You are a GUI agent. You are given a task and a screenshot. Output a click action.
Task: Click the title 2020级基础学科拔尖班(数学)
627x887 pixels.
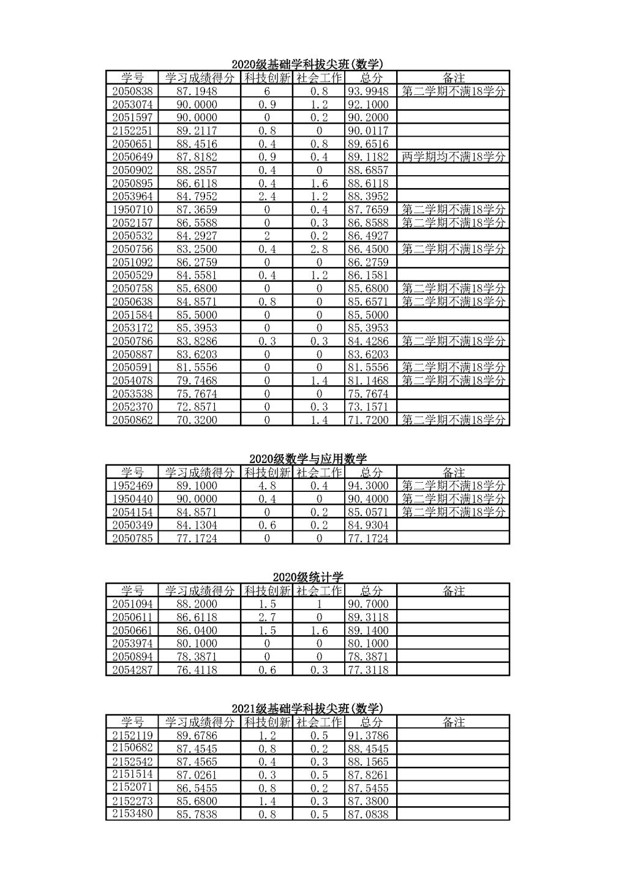pyautogui.click(x=307, y=64)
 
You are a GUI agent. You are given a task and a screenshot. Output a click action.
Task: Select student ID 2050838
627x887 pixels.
pyautogui.click(x=132, y=91)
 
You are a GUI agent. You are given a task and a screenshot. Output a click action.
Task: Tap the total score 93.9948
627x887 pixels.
pyautogui.click(x=368, y=91)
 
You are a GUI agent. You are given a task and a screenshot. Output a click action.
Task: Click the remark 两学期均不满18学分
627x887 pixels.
pyautogui.click(x=454, y=157)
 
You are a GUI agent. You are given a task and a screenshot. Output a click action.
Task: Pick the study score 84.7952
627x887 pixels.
pyautogui.click(x=197, y=197)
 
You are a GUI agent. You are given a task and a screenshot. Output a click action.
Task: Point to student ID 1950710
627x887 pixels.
pyautogui.click(x=132, y=209)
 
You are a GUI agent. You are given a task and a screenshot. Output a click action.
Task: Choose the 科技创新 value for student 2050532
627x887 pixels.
pyautogui.click(x=267, y=236)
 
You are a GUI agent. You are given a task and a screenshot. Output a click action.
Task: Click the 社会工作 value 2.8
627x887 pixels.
pyautogui.click(x=319, y=249)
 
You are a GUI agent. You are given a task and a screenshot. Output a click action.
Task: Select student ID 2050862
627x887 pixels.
pyautogui.click(x=132, y=420)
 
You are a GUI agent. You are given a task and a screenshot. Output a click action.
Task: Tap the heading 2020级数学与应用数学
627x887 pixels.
pyautogui.click(x=307, y=459)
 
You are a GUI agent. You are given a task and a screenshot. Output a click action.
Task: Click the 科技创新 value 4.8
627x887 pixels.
pyautogui.click(x=267, y=486)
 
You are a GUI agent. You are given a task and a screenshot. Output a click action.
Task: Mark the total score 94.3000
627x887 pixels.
pyautogui.click(x=368, y=486)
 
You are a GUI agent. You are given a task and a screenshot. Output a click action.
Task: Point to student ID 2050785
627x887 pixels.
pyautogui.click(x=132, y=538)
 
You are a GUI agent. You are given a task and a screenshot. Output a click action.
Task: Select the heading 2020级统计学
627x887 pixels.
pyautogui.click(x=307, y=577)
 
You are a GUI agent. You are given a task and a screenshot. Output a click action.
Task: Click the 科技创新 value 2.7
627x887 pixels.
pyautogui.click(x=267, y=617)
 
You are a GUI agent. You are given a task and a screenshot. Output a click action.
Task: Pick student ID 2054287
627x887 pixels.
pyautogui.click(x=132, y=670)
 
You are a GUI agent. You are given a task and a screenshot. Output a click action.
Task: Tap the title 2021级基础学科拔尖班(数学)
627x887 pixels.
pyautogui.click(x=307, y=709)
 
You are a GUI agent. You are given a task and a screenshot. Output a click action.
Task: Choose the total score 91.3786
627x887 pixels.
pyautogui.click(x=368, y=736)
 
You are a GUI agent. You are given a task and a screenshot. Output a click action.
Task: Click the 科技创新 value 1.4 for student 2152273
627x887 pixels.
pyautogui.click(x=267, y=801)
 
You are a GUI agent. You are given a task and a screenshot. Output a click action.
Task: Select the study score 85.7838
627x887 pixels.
pyautogui.click(x=197, y=815)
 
